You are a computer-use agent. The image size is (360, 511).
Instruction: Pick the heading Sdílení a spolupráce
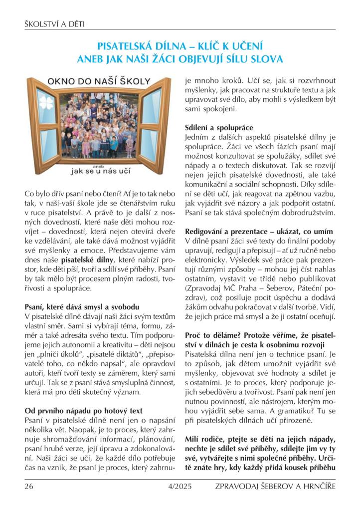coord(212,127)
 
